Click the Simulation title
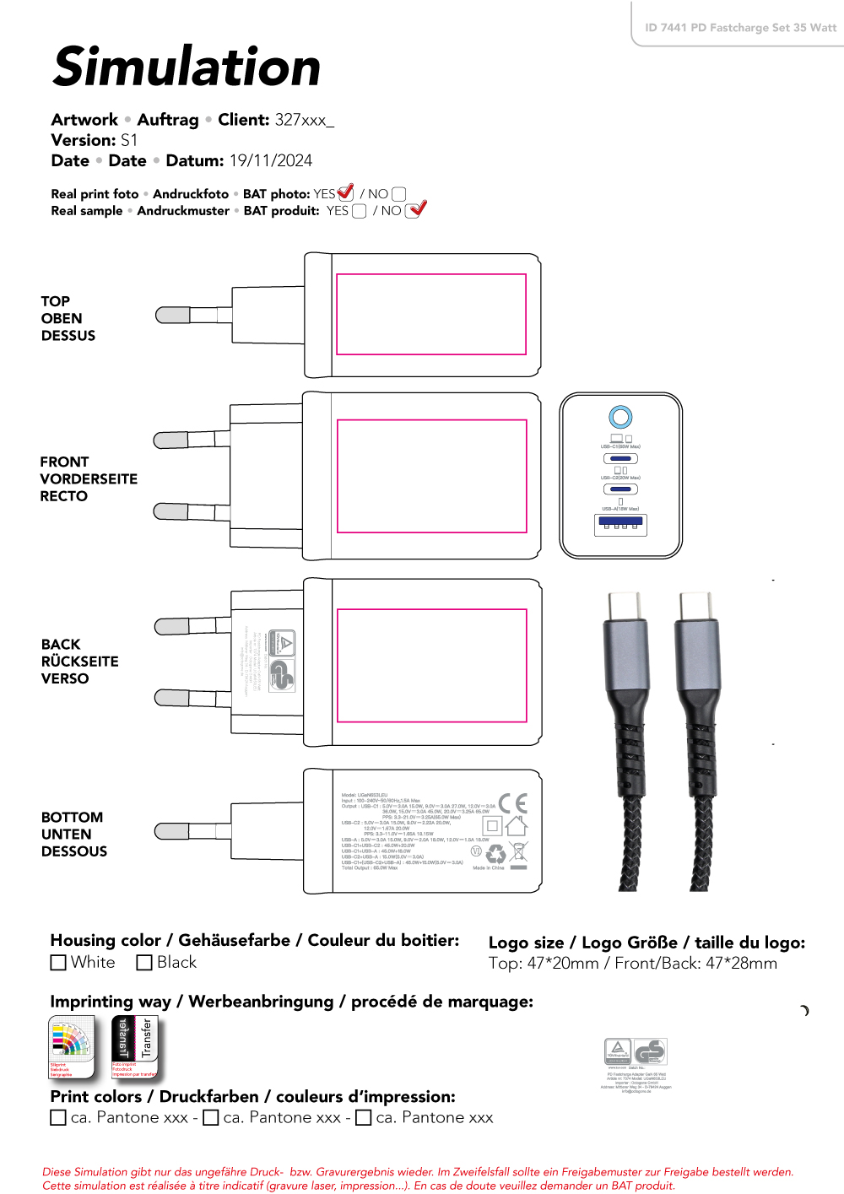(187, 68)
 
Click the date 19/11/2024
(271, 160)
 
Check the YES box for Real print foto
(345, 194)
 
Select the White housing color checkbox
(58, 963)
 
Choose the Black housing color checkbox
(144, 963)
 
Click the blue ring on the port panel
(620, 417)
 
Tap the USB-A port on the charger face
(620, 523)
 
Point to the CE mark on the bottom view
(512, 803)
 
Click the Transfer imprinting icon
(135, 1047)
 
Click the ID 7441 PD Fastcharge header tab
(740, 28)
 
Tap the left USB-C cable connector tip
(625, 606)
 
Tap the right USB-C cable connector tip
(697, 606)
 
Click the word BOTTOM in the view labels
(72, 817)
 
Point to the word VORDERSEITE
(89, 478)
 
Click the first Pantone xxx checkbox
(58, 1118)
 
